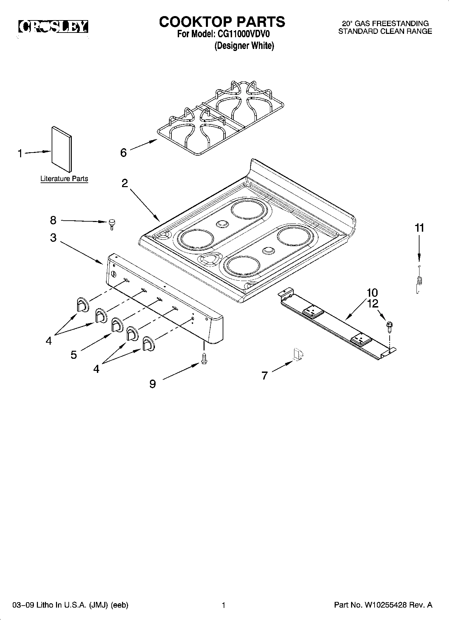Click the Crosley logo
coord(53,27)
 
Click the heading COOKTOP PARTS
coord(222,22)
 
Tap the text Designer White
coord(244,46)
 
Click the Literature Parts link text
coord(64,179)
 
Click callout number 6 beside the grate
coord(123,153)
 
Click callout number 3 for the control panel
coord(53,238)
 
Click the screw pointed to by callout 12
coord(390,326)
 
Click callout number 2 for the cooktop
coord(124,183)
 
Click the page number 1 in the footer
coord(223,605)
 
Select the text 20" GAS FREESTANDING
coord(385,23)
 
